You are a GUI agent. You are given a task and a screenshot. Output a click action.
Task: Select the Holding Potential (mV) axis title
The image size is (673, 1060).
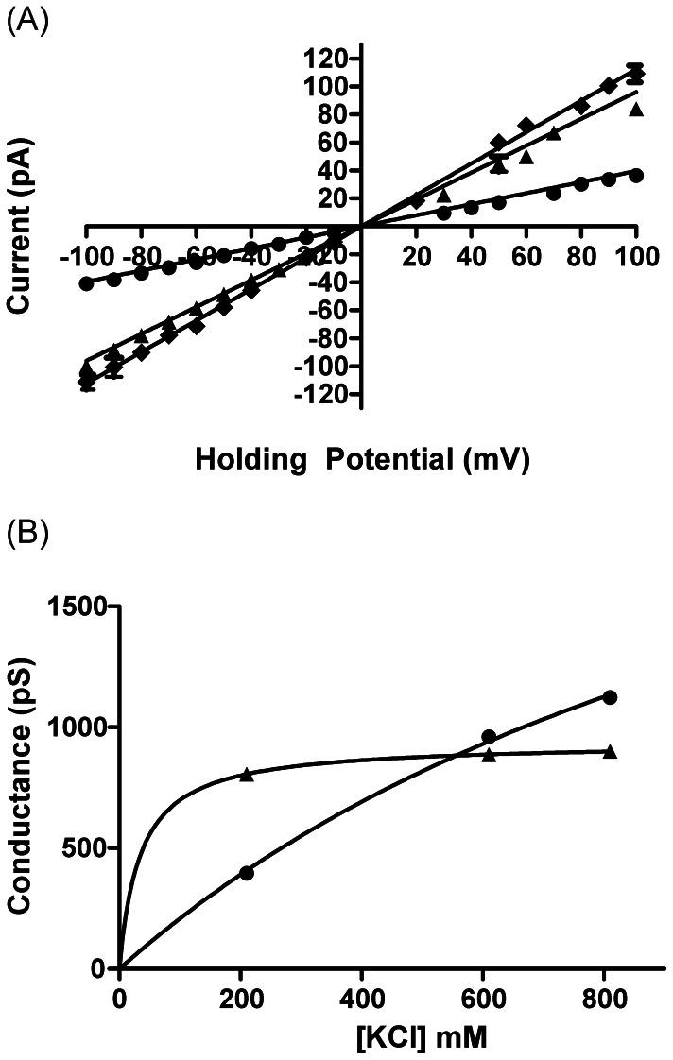[x=361, y=460]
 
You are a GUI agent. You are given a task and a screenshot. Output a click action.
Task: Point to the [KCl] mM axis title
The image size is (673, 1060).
[x=391, y=1038]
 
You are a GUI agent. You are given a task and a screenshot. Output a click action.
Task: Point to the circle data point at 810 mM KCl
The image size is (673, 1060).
[x=610, y=697]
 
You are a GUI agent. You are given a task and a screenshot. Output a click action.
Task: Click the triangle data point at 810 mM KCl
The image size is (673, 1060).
[x=610, y=751]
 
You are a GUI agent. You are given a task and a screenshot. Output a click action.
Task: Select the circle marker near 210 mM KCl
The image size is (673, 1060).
[x=247, y=873]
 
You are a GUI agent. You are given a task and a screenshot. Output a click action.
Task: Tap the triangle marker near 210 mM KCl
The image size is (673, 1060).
[x=247, y=774]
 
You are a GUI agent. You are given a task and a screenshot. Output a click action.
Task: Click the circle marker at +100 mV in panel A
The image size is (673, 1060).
[x=636, y=176]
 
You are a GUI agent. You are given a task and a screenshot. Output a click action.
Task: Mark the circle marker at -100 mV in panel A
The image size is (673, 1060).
[x=86, y=283]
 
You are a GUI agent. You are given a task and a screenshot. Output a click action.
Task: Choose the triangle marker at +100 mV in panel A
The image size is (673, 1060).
[x=636, y=110]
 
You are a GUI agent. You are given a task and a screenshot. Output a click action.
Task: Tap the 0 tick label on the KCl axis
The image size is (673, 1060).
[x=119, y=999]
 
